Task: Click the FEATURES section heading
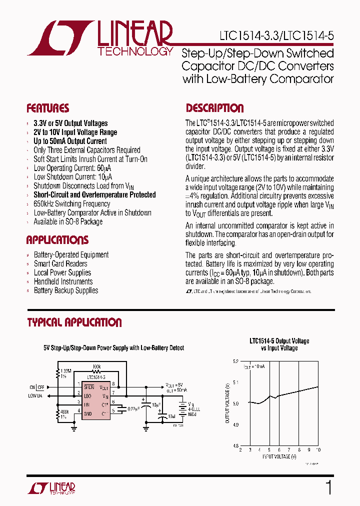[x=47, y=108]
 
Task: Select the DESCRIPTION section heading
[x=214, y=108]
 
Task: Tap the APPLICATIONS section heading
[x=57, y=240]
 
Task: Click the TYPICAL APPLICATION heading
[x=74, y=322]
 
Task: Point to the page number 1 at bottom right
[x=328, y=487]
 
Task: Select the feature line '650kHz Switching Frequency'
[x=71, y=204]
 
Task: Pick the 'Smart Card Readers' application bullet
[x=60, y=264]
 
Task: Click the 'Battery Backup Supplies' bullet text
[x=65, y=291]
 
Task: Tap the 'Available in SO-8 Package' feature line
[x=68, y=222]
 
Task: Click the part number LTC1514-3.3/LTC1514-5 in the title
[x=276, y=37]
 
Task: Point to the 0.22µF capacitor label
[x=133, y=408]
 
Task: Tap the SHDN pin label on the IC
[x=89, y=386]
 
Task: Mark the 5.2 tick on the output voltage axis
[x=235, y=360]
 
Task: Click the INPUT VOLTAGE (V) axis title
[x=280, y=456]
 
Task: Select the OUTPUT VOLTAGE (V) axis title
[x=227, y=403]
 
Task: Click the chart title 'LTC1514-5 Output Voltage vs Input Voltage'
[x=279, y=344]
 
